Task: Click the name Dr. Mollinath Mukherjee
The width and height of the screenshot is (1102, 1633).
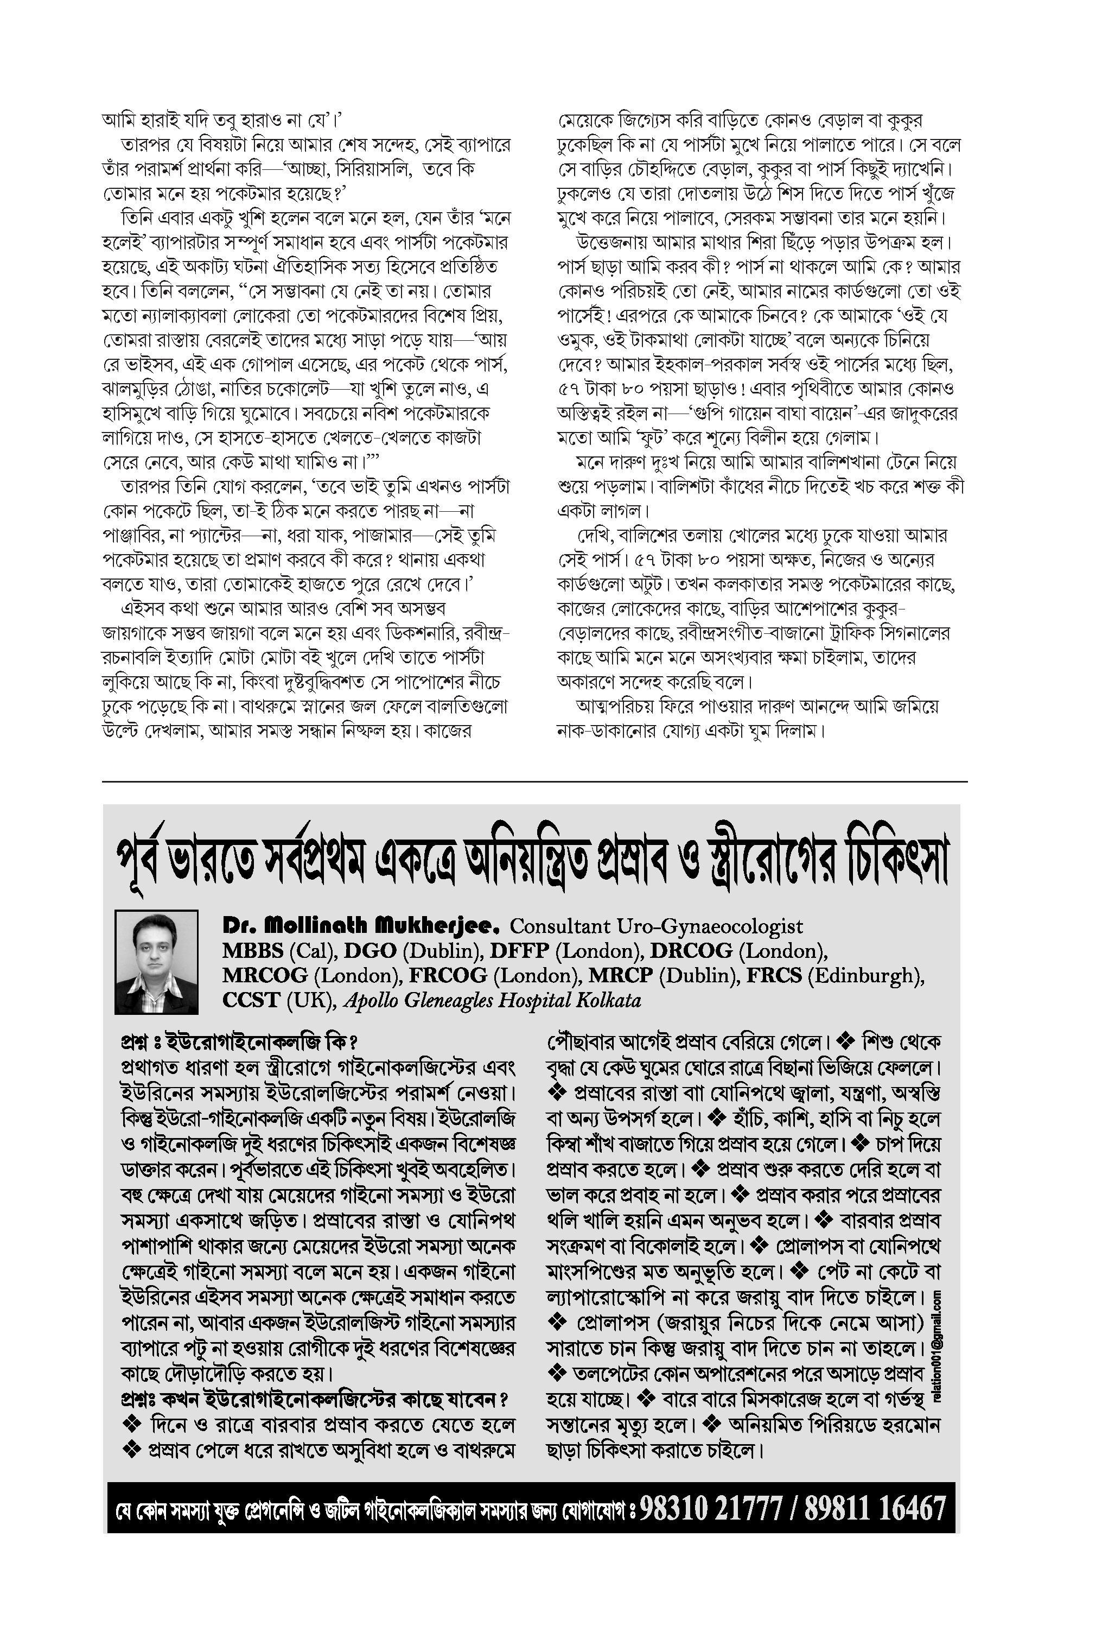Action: click(x=360, y=925)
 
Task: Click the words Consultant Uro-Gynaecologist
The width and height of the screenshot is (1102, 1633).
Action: click(x=656, y=926)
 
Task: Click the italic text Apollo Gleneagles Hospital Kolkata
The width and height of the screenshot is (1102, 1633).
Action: click(x=492, y=1000)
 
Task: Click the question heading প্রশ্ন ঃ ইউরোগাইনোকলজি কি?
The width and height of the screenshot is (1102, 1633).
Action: click(x=239, y=1041)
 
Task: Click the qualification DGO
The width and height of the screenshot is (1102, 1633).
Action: click(x=367, y=951)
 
